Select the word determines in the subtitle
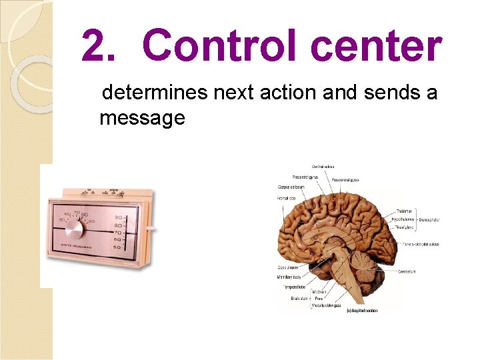[155, 92]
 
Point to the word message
[142, 119]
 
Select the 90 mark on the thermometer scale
[119, 217]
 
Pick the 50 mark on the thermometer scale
[118, 247]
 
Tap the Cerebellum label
[408, 271]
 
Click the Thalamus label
[405, 211]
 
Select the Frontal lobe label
[287, 198]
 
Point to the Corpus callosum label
[291, 187]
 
